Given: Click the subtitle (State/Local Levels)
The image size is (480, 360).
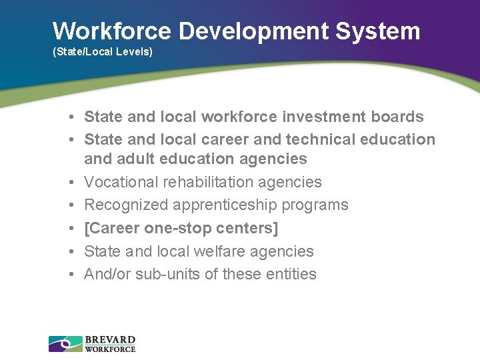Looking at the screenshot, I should tap(103, 51).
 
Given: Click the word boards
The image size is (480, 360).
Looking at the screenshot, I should tap(398, 117).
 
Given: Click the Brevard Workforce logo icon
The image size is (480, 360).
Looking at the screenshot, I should tap(65, 344).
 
